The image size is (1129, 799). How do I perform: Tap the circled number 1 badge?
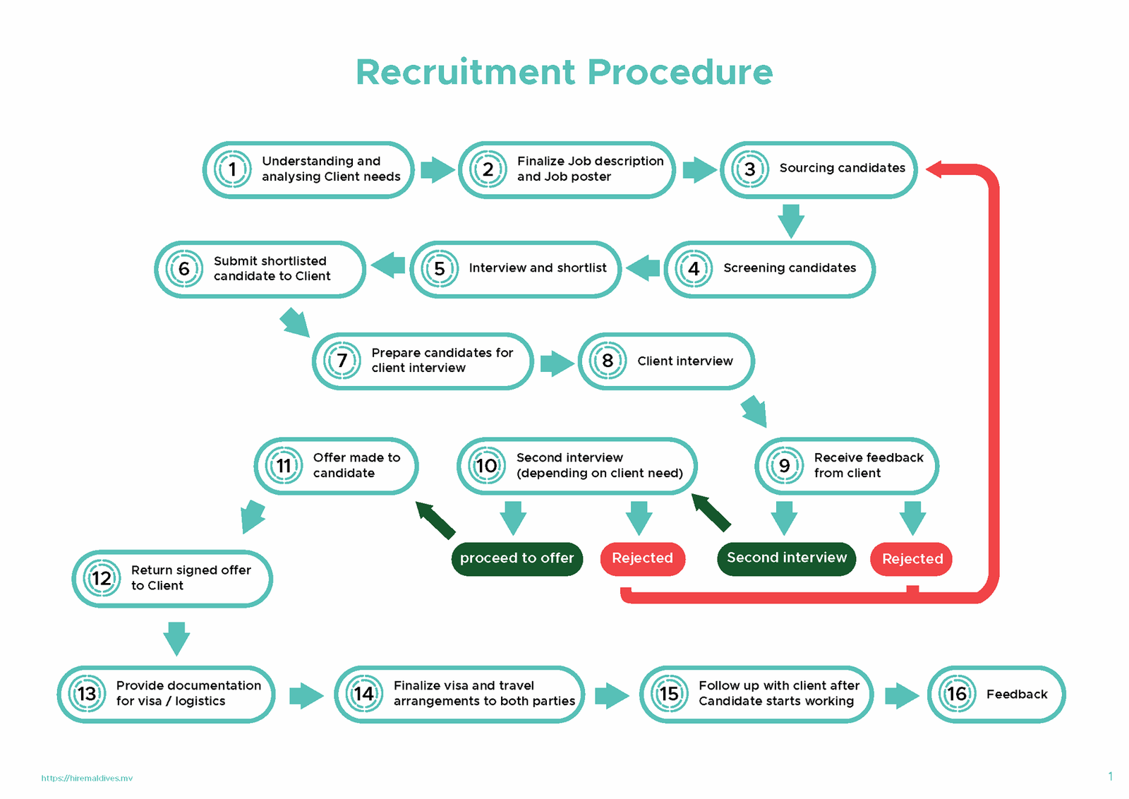tap(232, 169)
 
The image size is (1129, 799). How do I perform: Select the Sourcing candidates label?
tap(842, 168)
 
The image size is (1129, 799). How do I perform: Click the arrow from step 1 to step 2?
tap(437, 170)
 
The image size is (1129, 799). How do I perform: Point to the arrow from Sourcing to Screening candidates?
tap(791, 220)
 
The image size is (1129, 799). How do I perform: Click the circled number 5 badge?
tap(440, 269)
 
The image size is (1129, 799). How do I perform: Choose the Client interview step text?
tap(684, 361)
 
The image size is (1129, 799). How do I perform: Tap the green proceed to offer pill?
tap(517, 558)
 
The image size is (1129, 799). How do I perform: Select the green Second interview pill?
tap(786, 558)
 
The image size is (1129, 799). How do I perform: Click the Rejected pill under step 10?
tap(642, 558)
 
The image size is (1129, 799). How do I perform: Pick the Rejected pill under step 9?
tap(912, 559)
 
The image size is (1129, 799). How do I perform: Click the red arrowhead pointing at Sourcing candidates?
tap(934, 169)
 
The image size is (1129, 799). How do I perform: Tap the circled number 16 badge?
tap(956, 694)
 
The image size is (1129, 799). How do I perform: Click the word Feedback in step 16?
tap(1017, 695)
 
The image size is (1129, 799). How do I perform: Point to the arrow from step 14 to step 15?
tap(611, 696)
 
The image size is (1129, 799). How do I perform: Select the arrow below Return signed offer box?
tap(176, 637)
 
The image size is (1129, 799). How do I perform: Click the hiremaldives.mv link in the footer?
tap(87, 778)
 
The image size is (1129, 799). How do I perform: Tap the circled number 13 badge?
tap(87, 694)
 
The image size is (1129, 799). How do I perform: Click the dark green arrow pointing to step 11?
tap(435, 519)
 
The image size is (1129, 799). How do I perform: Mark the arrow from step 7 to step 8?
tap(556, 364)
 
